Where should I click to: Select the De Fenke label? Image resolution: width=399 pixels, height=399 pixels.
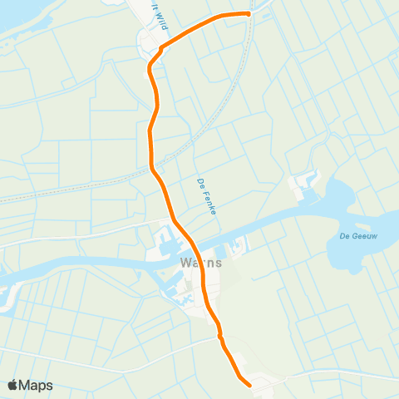coord(207,197)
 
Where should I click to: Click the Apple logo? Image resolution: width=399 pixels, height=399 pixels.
coord(13,385)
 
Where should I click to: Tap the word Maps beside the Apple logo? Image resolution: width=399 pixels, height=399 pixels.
coord(37,385)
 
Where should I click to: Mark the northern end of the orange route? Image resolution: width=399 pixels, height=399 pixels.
coord(248,13)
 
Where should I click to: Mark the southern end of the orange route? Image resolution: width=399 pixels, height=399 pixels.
coord(249,384)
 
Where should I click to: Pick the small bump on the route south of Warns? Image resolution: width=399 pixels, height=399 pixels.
coord(220,335)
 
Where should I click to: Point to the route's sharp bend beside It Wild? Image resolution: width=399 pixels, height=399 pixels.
coord(150,66)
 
